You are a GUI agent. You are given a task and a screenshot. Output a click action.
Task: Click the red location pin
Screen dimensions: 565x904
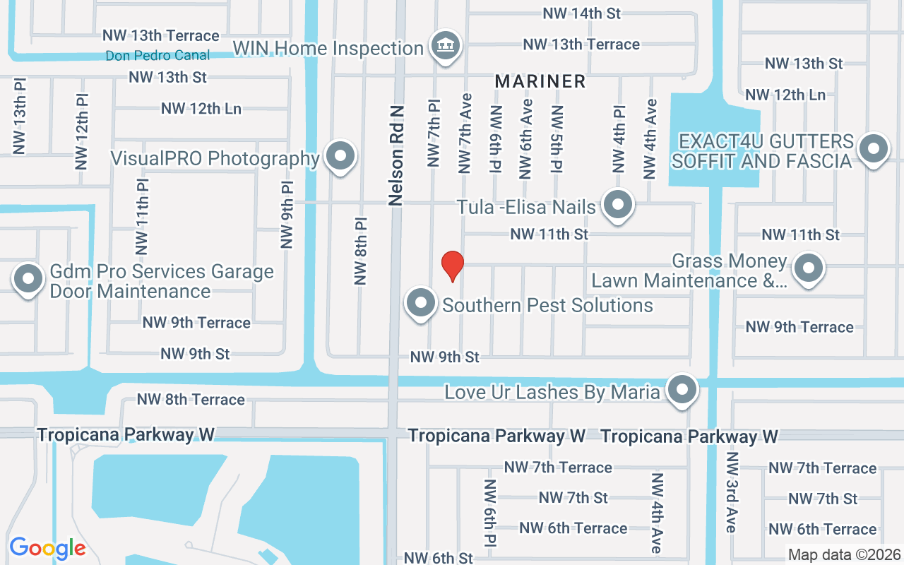pos(452,266)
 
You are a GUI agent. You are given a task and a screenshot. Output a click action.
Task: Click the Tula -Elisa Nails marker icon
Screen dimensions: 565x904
pos(619,206)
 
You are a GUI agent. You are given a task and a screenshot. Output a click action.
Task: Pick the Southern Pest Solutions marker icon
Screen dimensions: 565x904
pos(421,304)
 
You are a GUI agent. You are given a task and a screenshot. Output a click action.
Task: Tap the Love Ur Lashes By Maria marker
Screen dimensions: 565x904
pos(682,389)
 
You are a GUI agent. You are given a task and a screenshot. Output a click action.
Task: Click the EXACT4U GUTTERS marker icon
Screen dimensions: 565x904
pos(874,149)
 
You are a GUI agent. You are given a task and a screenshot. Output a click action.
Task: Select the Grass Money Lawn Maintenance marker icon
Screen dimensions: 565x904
pos(809,268)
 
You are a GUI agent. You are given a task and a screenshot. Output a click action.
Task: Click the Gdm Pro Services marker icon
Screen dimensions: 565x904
pos(28,278)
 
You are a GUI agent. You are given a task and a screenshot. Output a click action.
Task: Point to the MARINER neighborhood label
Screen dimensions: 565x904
pos(540,81)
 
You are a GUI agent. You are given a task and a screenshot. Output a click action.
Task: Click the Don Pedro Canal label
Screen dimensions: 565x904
pos(157,55)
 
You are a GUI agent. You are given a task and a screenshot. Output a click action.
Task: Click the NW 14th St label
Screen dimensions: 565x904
pos(581,13)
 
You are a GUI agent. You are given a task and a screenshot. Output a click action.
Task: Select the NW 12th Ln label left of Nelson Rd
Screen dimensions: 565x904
pos(201,109)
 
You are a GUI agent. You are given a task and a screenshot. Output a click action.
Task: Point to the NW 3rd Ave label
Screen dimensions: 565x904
pos(731,493)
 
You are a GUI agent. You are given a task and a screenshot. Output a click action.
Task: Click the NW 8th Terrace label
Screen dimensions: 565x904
pos(191,400)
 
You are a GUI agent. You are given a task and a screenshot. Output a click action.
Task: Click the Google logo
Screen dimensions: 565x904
pos(47,548)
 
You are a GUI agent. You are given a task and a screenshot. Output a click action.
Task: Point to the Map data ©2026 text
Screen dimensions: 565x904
pos(845,554)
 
